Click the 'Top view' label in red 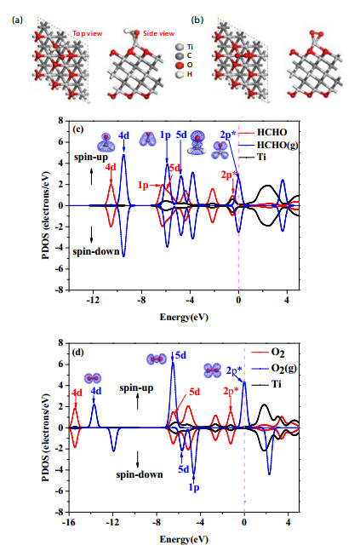coord(88,34)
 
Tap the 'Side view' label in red coord(158,33)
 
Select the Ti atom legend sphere coord(180,47)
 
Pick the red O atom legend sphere coord(180,65)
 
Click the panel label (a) coord(17,20)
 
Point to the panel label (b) coord(197,20)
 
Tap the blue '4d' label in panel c coord(123,135)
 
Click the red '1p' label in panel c coord(143,185)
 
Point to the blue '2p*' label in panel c coord(228,135)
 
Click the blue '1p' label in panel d coord(194,487)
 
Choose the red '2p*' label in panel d coord(231,391)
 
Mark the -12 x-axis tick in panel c coord(93,301)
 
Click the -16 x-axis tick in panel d coord(69,522)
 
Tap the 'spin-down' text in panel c coord(96,251)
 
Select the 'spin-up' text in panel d coord(136,388)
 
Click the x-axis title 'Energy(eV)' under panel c coord(184,318)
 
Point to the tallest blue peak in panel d coord(173,363)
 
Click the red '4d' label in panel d coord(77,393)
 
